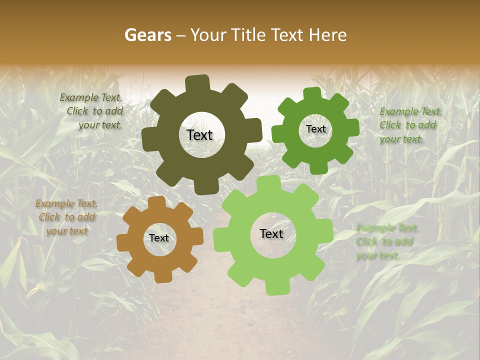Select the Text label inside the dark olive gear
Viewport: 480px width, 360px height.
(199, 135)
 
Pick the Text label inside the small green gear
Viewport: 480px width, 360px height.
(315, 129)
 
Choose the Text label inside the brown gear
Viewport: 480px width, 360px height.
(159, 238)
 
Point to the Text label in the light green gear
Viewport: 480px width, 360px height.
(271, 234)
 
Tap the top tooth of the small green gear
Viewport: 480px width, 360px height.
(312, 93)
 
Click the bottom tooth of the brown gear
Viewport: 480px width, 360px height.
(163, 276)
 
